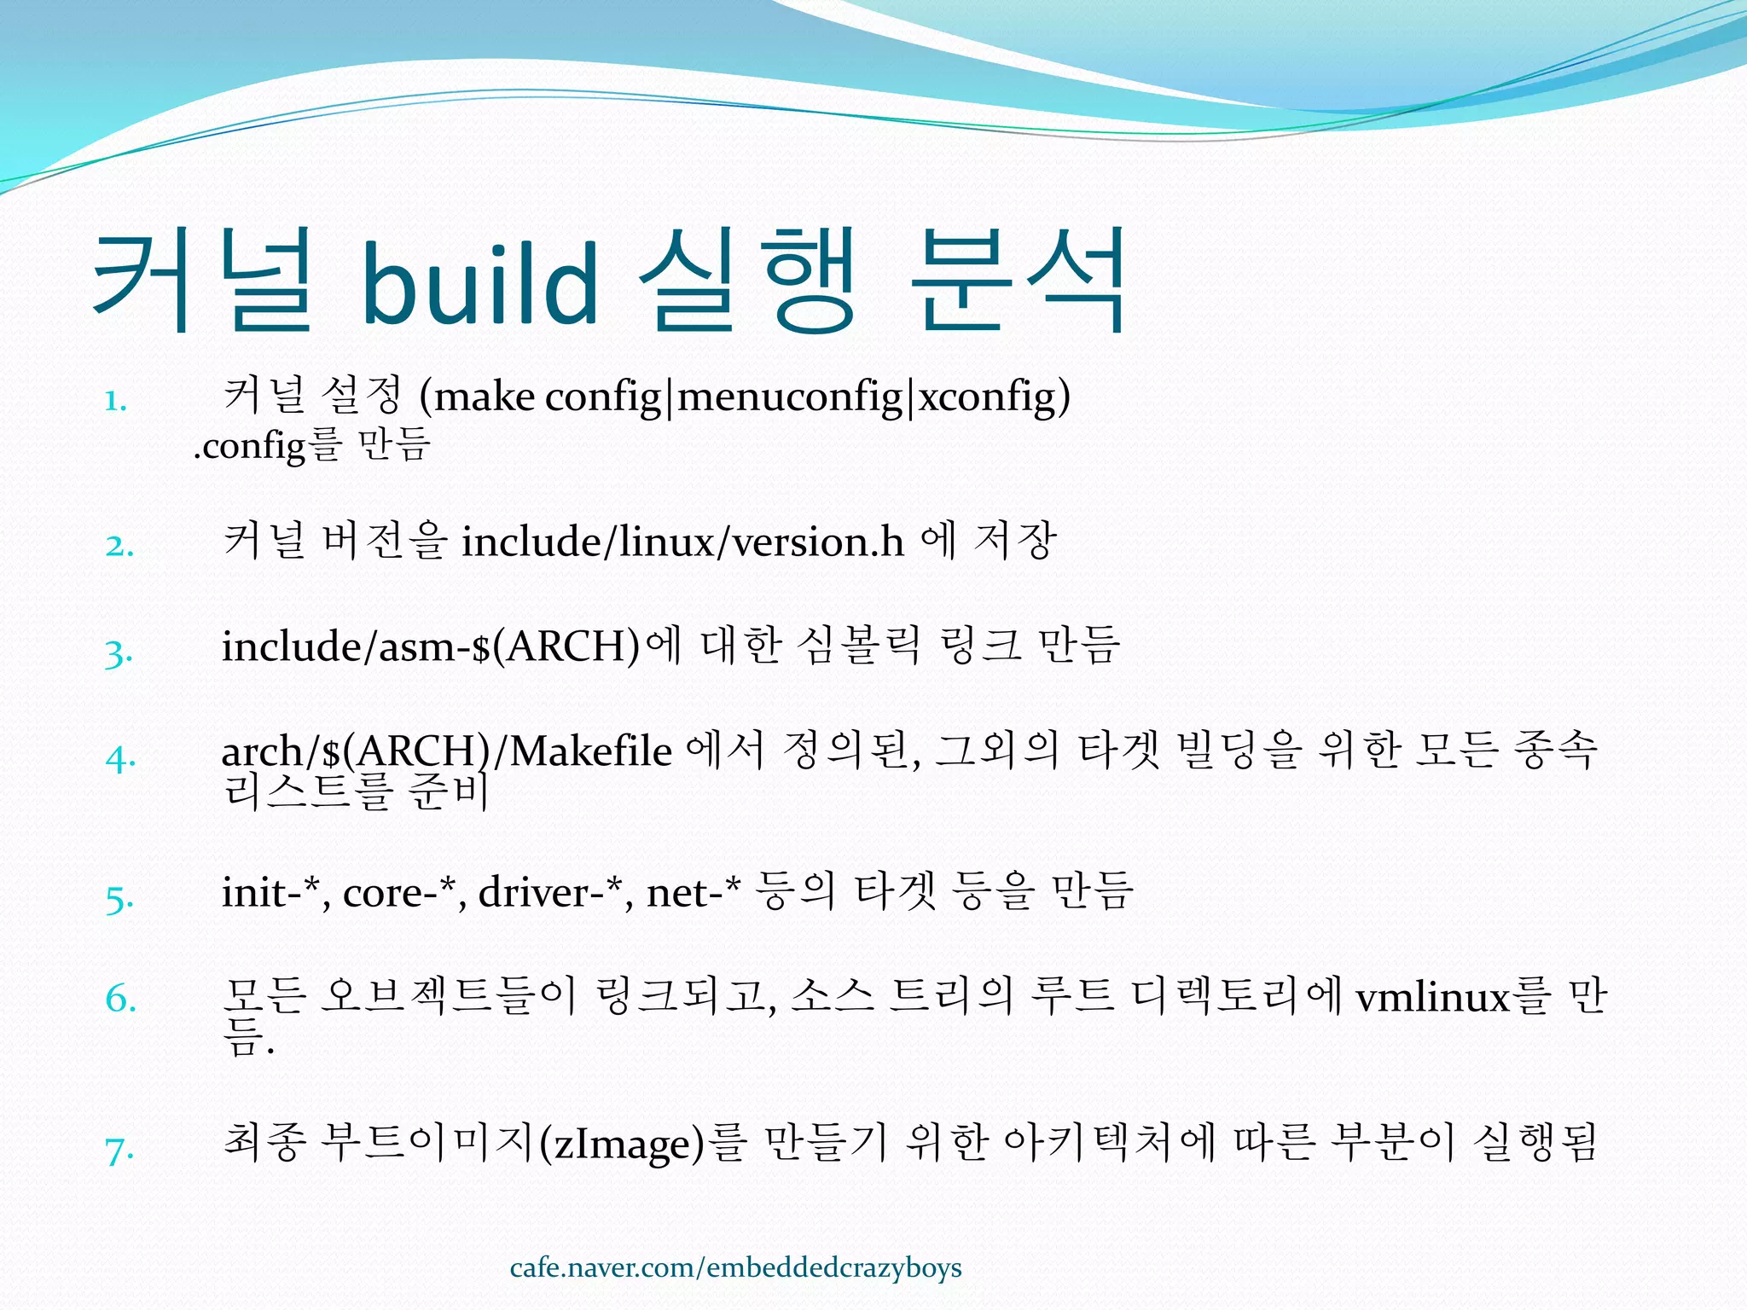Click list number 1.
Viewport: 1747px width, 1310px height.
coord(116,401)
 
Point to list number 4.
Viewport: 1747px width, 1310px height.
coord(120,758)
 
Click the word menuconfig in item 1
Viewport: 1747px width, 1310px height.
coord(790,397)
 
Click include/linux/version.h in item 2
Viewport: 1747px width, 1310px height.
coord(682,542)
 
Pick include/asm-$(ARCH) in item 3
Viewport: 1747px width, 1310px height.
coord(430,646)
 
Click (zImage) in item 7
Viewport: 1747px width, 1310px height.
coord(624,1144)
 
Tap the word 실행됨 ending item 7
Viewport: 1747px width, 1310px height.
coord(1535,1143)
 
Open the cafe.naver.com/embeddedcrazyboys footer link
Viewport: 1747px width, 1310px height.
coord(735,1268)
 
